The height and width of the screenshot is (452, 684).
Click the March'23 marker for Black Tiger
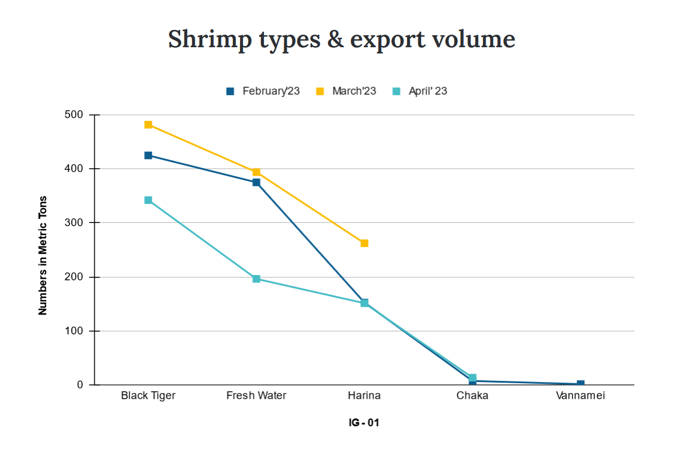pos(148,125)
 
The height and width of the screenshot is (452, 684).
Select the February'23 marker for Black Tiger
pos(148,155)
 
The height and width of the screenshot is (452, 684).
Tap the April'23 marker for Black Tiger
pos(148,200)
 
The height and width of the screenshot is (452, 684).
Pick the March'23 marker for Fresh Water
pos(256,172)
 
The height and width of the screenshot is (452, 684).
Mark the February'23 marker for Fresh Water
pos(256,182)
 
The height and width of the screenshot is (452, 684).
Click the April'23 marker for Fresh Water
pos(256,279)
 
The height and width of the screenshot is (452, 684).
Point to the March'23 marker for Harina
pos(364,243)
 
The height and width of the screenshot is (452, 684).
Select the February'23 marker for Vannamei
pos(580,384)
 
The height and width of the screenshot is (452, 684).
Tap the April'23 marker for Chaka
pos(472,378)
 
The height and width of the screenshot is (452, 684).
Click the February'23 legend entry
pos(263,91)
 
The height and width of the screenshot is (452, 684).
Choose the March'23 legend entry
pos(346,91)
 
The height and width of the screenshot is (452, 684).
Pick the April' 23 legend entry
pos(420,91)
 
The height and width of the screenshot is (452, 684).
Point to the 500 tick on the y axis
pos(75,115)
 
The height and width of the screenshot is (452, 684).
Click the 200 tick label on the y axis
pos(75,277)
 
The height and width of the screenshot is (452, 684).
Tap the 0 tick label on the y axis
pos(80,384)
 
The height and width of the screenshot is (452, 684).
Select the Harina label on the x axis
pos(364,396)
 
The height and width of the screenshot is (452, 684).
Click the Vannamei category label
pos(580,396)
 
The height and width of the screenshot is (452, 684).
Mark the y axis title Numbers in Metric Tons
pos(43,255)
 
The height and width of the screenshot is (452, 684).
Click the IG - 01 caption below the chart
pos(364,423)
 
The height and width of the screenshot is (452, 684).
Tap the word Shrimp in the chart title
pos(206,39)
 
